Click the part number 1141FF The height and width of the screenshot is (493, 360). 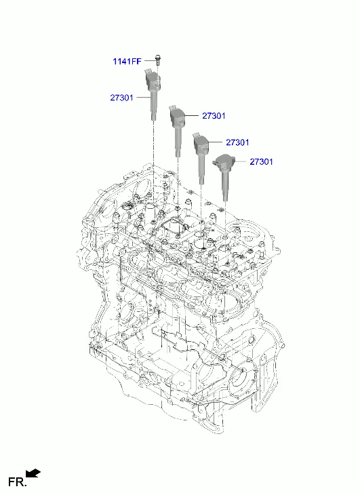point(127,61)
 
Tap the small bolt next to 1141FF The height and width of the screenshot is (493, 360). point(158,60)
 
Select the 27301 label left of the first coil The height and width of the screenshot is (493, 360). point(121,98)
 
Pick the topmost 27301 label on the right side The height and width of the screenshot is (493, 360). point(214,116)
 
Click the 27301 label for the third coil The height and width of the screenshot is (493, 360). point(237,142)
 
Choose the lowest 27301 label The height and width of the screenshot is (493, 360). point(261,161)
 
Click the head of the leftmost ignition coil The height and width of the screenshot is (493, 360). point(153,80)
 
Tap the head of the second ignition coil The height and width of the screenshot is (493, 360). point(178,117)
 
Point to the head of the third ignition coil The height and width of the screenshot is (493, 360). point(201,143)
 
